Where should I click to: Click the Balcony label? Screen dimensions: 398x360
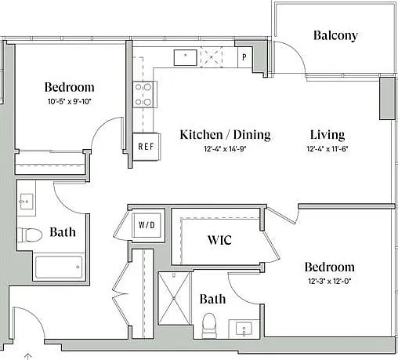point(335,36)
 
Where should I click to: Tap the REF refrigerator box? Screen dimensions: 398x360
point(147,147)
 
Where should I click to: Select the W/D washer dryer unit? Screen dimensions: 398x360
point(147,225)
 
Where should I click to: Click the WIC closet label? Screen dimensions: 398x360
point(219,240)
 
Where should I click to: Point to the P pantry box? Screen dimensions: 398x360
point(244,56)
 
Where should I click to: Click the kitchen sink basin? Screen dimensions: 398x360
point(186,57)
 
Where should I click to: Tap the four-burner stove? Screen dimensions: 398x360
point(144,94)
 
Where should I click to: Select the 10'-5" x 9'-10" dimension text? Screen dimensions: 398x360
point(69,101)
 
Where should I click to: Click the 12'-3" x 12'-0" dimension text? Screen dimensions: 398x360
point(329,282)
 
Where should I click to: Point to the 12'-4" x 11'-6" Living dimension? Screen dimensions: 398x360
point(327,149)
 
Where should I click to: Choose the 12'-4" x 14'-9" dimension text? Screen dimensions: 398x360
point(225,149)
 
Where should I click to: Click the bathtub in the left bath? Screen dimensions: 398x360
point(59,267)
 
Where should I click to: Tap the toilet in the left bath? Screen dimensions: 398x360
point(30,235)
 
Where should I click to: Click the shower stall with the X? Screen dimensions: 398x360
point(174,298)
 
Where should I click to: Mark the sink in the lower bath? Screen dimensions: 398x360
point(244,329)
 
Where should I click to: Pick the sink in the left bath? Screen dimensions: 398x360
point(27,202)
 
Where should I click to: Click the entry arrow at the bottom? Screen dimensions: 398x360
point(28,356)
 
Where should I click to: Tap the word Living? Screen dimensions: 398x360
point(327,135)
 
